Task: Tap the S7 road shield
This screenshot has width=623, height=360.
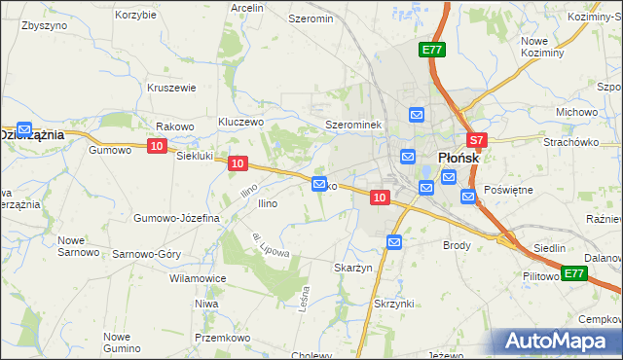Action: (476, 140)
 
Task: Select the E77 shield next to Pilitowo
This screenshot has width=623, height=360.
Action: (573, 273)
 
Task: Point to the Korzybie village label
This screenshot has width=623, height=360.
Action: (135, 16)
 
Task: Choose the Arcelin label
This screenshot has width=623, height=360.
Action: (247, 8)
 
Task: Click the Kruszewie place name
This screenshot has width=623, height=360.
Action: (172, 88)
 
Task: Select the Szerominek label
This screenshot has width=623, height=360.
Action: (359, 126)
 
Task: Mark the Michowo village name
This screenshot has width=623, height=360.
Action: (576, 112)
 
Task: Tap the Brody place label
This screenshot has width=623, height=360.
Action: (458, 245)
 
